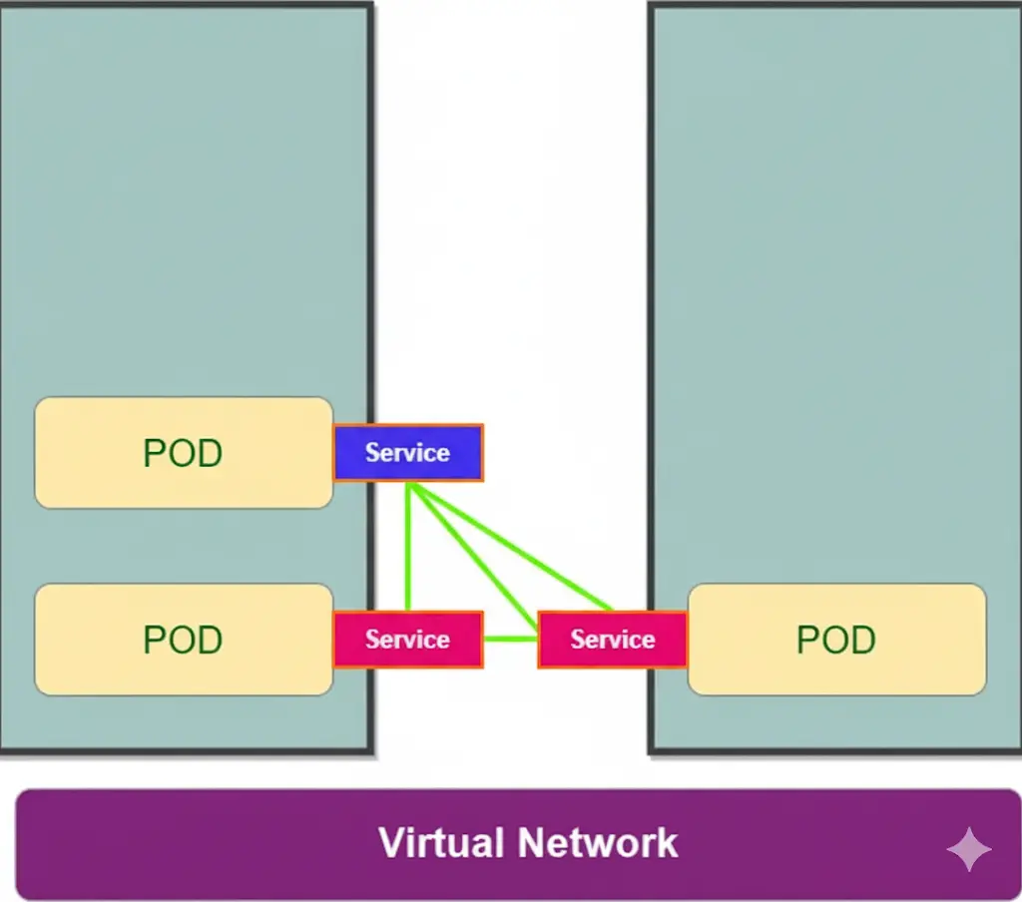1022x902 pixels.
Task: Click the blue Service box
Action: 408,452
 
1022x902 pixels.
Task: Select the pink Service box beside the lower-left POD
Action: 408,640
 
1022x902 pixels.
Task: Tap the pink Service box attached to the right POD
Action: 612,640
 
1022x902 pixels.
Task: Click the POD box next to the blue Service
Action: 184,453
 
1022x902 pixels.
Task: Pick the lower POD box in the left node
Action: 184,640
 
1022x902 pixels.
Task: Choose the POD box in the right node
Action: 836,640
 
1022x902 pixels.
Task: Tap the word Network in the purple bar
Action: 605,843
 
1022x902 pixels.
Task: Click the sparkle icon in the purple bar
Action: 968,849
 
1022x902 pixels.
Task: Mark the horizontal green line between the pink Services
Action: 510,639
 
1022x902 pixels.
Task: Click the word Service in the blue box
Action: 407,453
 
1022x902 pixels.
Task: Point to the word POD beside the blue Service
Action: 183,454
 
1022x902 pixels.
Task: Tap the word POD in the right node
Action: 836,640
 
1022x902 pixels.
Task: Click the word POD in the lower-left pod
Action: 183,640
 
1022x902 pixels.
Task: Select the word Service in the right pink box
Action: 612,640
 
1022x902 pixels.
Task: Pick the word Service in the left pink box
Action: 407,640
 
